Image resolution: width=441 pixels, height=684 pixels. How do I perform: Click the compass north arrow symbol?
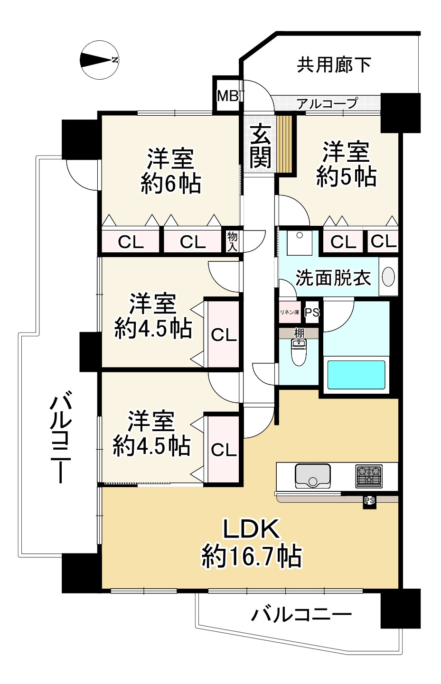coord(99,60)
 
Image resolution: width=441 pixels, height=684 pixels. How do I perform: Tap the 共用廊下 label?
coord(334,65)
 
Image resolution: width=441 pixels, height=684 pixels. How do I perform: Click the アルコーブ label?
coord(327,104)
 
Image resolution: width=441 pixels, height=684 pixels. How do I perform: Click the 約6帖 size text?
coord(171,183)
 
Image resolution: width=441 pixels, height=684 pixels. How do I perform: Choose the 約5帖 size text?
coord(346,176)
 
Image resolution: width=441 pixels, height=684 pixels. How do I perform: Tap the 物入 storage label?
coord(232,241)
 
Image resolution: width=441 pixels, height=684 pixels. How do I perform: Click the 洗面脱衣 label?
coord(333,278)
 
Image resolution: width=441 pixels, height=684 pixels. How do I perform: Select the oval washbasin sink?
coord(388,277)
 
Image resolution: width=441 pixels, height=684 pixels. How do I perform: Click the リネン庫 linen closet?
coord(290,312)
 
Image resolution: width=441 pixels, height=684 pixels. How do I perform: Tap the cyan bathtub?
coord(356,375)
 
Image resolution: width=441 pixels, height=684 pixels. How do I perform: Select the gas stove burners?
coord(369,476)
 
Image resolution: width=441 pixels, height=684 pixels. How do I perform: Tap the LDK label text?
coord(251,529)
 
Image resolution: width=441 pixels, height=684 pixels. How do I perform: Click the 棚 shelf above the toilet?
coord(299,333)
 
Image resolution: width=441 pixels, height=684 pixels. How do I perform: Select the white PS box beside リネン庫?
coord(312,312)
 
